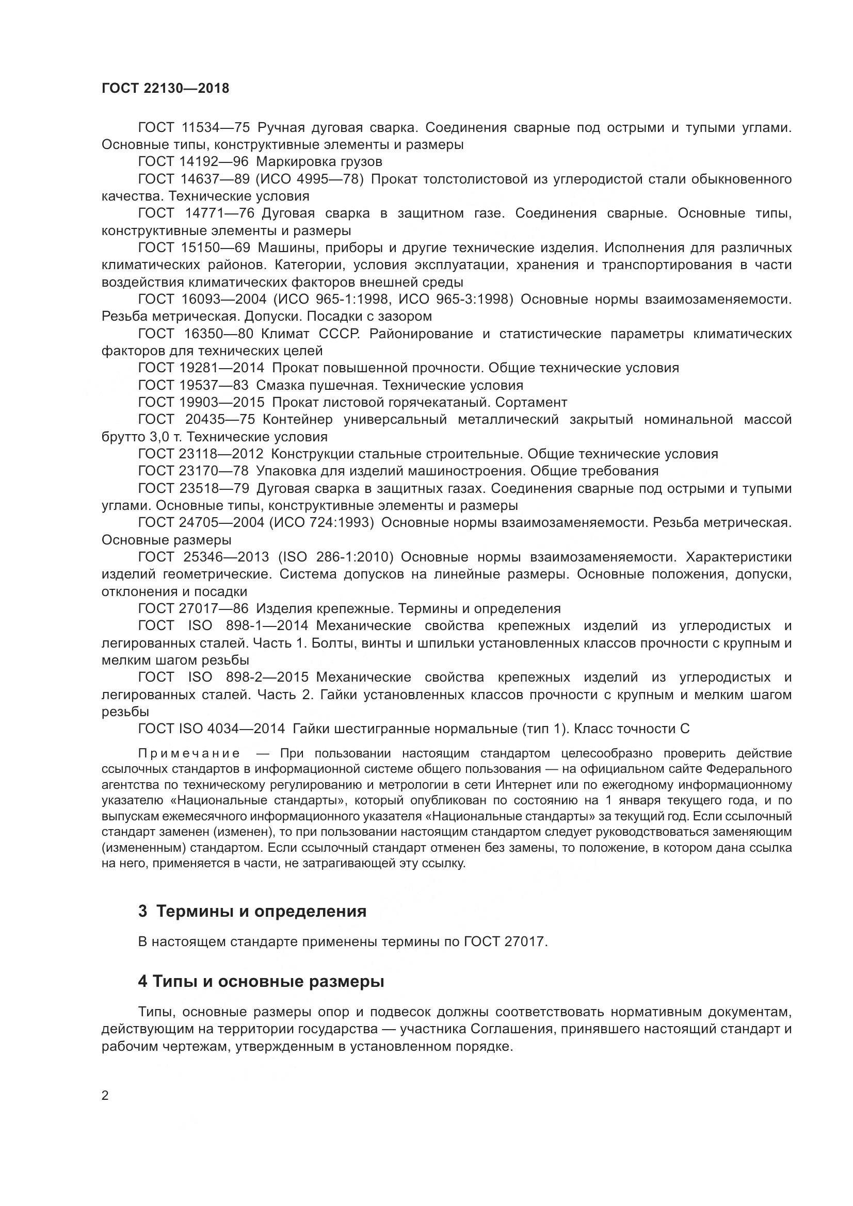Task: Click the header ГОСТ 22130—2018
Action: point(166,88)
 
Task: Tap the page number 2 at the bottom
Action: point(105,1095)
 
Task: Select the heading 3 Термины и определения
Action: point(252,911)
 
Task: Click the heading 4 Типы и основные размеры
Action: point(261,981)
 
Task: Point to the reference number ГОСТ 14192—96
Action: point(193,161)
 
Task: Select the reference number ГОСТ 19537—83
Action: point(193,385)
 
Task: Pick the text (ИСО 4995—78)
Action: point(310,179)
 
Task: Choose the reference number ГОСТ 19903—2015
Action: point(201,402)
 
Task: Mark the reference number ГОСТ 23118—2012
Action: point(201,454)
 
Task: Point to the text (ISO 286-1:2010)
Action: point(336,557)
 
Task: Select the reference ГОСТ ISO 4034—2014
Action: point(211,729)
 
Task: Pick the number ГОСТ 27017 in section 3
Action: point(505,942)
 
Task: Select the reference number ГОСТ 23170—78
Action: point(193,471)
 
